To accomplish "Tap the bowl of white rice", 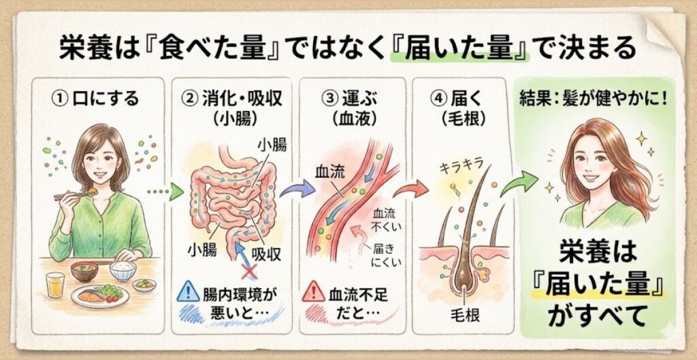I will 123,269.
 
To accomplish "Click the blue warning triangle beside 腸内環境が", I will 185,294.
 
